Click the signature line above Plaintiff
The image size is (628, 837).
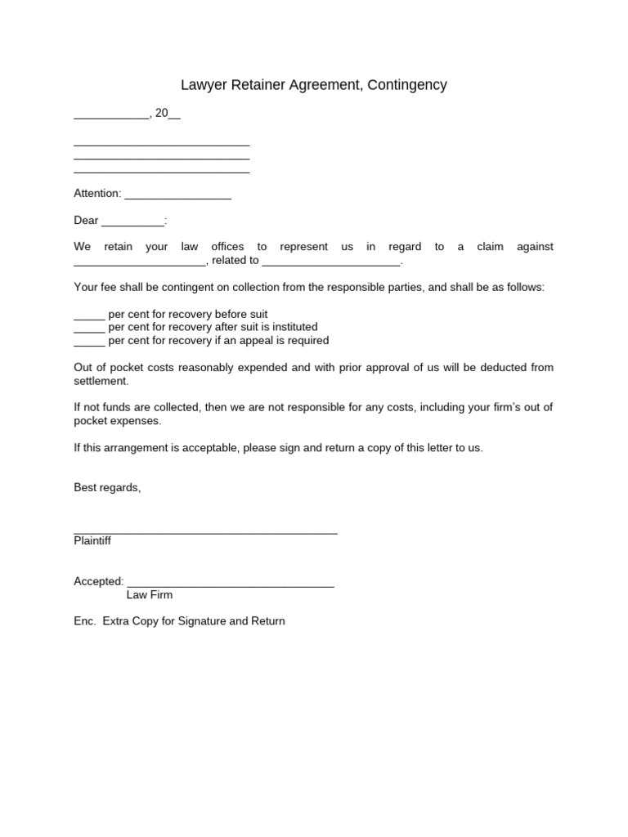click(205, 532)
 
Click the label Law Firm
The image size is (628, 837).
click(150, 595)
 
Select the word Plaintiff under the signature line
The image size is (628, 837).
click(92, 541)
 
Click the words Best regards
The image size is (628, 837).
click(107, 487)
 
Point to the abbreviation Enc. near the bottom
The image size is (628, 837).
click(85, 621)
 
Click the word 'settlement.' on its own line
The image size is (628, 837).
click(101, 381)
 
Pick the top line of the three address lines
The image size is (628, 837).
click(161, 145)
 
